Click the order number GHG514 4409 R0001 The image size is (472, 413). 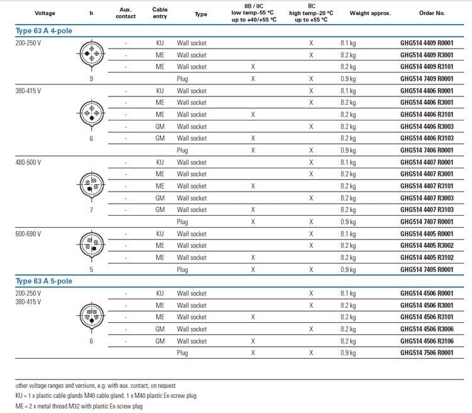click(426, 43)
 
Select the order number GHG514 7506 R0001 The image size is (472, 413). click(426, 353)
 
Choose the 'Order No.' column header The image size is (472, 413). click(431, 13)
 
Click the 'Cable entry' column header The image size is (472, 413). click(160, 13)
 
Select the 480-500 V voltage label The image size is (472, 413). click(28, 162)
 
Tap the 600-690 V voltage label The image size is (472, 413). click(28, 234)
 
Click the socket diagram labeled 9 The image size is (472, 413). click(91, 55)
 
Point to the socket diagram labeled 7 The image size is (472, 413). click(91, 186)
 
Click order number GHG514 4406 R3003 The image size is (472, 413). click(426, 127)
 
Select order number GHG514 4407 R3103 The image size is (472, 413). click(426, 210)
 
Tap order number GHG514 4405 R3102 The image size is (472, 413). click(426, 258)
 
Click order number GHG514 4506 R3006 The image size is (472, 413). click(426, 329)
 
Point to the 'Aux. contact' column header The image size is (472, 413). click(126, 13)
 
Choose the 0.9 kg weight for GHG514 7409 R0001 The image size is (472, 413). click(348, 79)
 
